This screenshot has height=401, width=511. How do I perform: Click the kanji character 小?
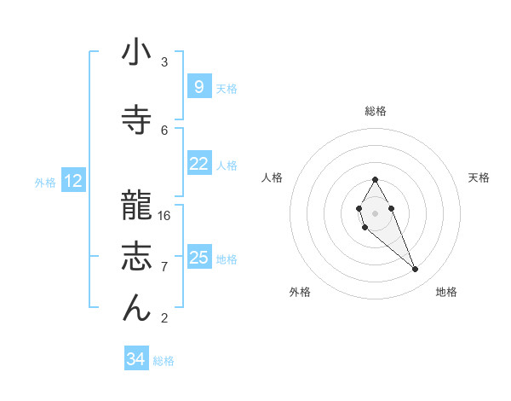(136, 54)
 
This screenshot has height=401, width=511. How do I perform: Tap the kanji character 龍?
(136, 202)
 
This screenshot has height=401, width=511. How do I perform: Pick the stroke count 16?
(164, 215)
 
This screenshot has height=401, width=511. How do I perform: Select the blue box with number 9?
(198, 87)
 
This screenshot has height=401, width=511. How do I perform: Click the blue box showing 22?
(198, 165)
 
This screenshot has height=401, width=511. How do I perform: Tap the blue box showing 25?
(198, 258)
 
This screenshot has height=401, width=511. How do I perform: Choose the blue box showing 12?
(73, 181)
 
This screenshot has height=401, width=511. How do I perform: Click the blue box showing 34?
(135, 359)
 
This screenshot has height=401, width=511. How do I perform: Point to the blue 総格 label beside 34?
(164, 361)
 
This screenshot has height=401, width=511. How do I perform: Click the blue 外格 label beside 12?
(44, 182)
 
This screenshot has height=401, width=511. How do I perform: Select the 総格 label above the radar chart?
(375, 111)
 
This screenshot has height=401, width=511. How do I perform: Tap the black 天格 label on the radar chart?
(479, 177)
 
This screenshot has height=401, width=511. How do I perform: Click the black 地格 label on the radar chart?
(446, 292)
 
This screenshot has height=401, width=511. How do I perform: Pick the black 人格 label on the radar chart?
(272, 177)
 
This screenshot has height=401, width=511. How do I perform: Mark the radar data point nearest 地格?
(415, 270)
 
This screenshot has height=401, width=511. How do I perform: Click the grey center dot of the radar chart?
(375, 211)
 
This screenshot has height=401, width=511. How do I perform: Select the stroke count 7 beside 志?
(164, 267)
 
